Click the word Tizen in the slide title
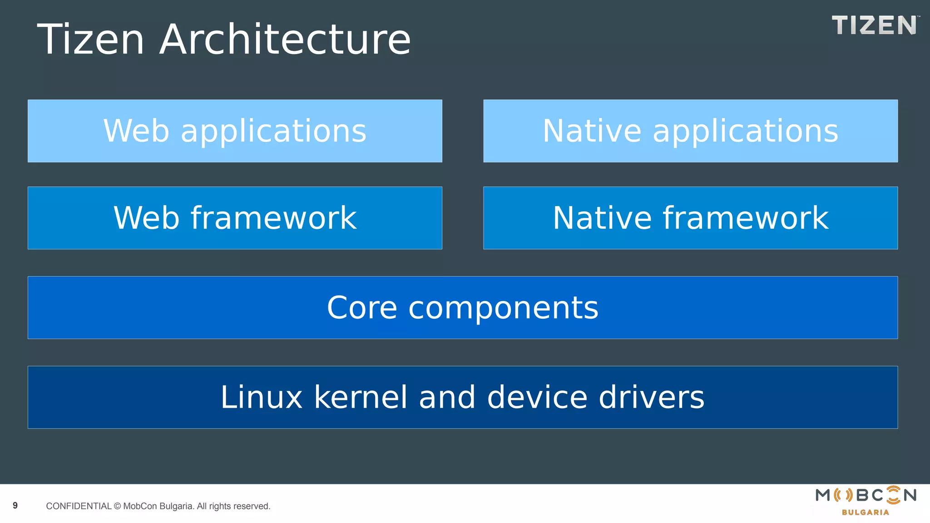[x=91, y=40]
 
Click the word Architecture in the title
[x=285, y=40]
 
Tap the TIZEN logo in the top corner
[x=875, y=25]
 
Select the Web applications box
[x=235, y=131]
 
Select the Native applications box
[x=690, y=131]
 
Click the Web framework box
[x=235, y=218]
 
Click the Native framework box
[x=690, y=218]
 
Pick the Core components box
[x=462, y=307]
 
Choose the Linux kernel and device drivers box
[x=462, y=397]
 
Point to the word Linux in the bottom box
[x=261, y=397]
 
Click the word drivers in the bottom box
[x=651, y=397]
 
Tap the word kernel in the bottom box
[x=361, y=397]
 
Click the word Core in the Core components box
[x=362, y=308]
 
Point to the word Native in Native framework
[x=601, y=218]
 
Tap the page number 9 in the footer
[x=15, y=505]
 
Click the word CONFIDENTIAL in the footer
[x=79, y=506]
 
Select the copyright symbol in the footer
[x=117, y=506]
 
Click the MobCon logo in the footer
[x=866, y=495]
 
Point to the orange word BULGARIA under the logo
[x=865, y=513]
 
